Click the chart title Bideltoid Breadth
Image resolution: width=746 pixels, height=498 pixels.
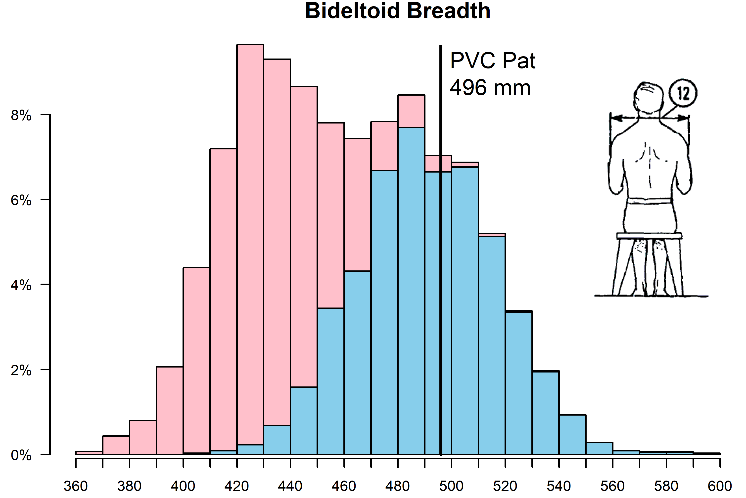pyautogui.click(x=398, y=11)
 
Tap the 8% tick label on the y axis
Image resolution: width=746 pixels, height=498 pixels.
pyautogui.click(x=21, y=116)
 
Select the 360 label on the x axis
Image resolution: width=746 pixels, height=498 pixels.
pyautogui.click(x=76, y=486)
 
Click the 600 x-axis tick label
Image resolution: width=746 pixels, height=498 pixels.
pyautogui.click(x=720, y=486)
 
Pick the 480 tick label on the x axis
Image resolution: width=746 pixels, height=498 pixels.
pyautogui.click(x=398, y=486)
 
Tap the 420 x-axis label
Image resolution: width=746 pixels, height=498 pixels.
pyautogui.click(x=237, y=486)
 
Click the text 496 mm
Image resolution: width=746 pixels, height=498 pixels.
pyautogui.click(x=490, y=88)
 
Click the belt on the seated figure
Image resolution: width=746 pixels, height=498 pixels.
pyautogui.click(x=649, y=201)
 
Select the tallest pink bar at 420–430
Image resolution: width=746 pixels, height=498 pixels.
pyautogui.click(x=250, y=241)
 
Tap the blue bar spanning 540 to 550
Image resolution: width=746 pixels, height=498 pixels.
pyautogui.click(x=572, y=435)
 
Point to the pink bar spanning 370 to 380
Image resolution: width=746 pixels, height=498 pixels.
pyautogui.click(x=116, y=445)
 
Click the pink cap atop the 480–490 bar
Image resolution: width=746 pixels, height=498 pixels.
pyautogui.click(x=411, y=111)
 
